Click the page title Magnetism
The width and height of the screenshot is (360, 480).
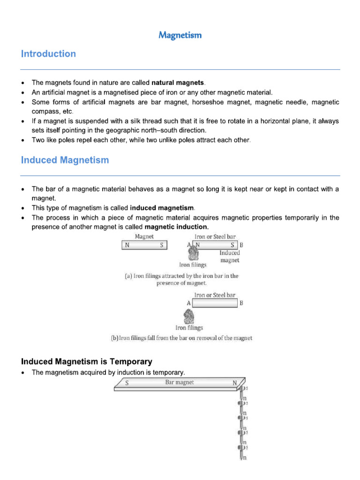click(x=180, y=35)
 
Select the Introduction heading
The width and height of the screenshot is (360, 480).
click(x=48, y=54)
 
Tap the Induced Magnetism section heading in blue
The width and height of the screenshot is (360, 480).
click(x=65, y=160)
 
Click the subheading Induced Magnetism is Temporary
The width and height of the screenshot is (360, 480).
click(x=87, y=361)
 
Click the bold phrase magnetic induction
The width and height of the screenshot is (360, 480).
click(x=179, y=227)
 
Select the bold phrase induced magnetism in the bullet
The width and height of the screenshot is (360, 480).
click(x=162, y=208)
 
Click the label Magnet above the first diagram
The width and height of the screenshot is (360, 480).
click(x=144, y=237)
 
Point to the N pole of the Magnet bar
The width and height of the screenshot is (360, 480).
click(x=127, y=245)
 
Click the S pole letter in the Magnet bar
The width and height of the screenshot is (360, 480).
click(x=162, y=245)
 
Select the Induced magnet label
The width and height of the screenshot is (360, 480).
click(x=230, y=256)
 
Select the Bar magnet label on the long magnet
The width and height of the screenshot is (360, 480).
click(x=180, y=382)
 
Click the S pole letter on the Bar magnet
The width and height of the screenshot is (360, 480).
click(x=127, y=383)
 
